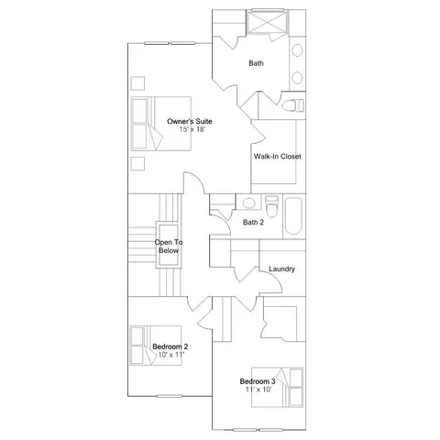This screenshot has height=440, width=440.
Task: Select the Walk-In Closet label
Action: click(x=277, y=157)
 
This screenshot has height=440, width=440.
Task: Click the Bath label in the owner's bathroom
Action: click(x=257, y=63)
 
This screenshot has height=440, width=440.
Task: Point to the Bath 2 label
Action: click(x=253, y=223)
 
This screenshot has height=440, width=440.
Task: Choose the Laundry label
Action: click(x=281, y=269)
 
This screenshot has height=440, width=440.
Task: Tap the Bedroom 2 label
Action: click(x=170, y=346)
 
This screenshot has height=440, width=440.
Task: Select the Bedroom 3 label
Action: click(x=258, y=381)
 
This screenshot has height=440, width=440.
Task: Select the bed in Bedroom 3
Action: click(x=291, y=382)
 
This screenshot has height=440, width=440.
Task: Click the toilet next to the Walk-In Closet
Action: click(x=291, y=107)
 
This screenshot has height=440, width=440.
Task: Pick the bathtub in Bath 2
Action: click(x=294, y=216)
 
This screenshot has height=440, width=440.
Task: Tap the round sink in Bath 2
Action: click(x=248, y=203)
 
